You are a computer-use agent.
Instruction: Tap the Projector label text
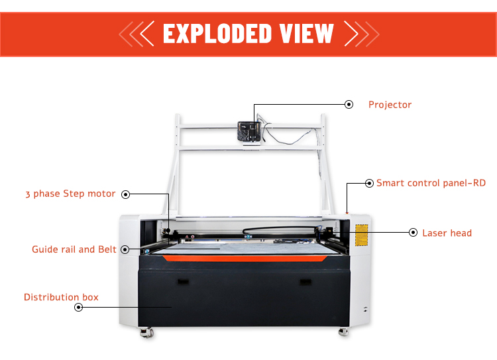(x=390, y=105)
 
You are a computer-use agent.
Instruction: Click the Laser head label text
(x=447, y=233)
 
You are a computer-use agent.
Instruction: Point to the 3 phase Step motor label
(x=70, y=194)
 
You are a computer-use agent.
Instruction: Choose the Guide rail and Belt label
(x=74, y=249)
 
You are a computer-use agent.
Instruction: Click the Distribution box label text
(x=61, y=297)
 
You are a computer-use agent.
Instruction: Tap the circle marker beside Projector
(x=349, y=104)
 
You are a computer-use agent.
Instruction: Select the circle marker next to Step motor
(x=125, y=194)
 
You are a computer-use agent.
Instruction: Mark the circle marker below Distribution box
(x=78, y=308)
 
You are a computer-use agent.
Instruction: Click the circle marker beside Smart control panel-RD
(x=369, y=182)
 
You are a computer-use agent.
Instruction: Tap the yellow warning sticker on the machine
(x=362, y=235)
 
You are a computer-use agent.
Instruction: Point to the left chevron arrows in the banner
(x=137, y=33)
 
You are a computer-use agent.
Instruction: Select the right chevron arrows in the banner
(x=360, y=33)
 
